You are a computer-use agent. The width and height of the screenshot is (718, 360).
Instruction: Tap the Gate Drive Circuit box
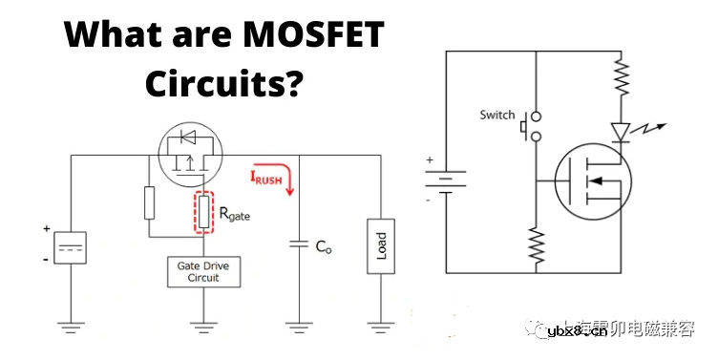203,271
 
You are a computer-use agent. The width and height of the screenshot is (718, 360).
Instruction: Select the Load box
382,245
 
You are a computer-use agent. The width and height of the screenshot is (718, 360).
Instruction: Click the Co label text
324,245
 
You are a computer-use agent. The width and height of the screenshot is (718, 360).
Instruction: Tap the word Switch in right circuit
496,116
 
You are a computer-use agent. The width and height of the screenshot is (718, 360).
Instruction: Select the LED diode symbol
623,131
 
